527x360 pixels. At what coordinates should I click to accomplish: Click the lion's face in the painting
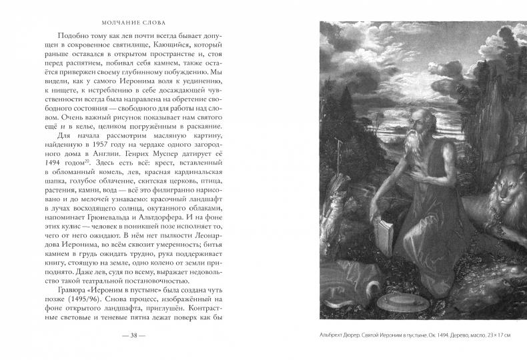click(505, 198)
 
